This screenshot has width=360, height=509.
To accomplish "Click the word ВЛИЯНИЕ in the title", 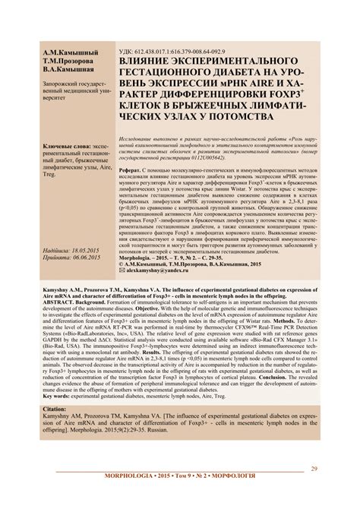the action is tap(152, 59).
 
